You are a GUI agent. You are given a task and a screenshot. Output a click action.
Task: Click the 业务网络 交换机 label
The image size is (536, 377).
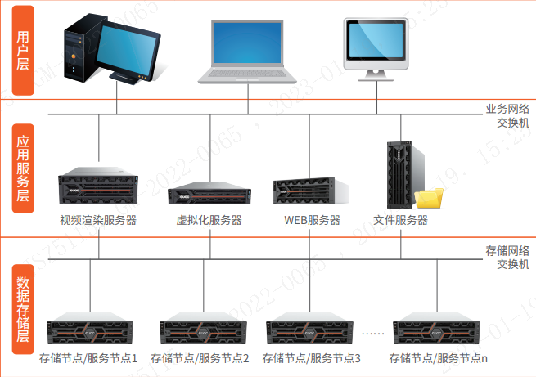coord(507,115)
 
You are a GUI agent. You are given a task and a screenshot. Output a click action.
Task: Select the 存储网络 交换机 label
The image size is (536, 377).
coord(507,257)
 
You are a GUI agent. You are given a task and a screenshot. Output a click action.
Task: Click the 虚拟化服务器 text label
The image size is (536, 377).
coord(209,220)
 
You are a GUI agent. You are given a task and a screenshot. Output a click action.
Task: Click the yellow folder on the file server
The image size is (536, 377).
coord(429,199)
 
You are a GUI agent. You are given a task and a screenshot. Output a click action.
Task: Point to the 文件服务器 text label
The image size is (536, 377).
coord(401,220)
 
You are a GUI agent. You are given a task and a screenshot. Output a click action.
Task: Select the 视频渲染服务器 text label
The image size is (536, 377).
coord(98,220)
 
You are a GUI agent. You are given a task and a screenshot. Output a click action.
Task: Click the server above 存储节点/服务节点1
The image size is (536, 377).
coord(88,330)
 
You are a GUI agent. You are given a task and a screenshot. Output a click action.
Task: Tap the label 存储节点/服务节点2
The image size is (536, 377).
coord(200,358)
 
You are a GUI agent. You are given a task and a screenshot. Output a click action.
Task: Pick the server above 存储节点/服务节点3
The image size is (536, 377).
coord(311,330)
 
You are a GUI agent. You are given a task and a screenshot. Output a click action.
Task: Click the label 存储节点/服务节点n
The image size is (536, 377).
coord(439,358)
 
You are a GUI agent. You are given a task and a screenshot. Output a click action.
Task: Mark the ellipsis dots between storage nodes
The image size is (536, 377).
coord(372,333)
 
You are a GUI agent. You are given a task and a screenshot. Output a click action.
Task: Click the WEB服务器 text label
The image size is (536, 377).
coord(312,220)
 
